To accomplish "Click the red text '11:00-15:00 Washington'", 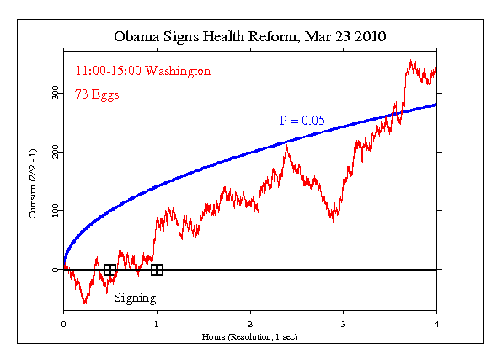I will [x=142, y=72].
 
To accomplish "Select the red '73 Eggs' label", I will [x=98, y=94].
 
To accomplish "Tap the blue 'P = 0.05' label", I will [x=303, y=120].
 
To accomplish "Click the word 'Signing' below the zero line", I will [x=135, y=298].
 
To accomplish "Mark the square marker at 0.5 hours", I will [x=109, y=270].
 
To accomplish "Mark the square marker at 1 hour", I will [x=157, y=270].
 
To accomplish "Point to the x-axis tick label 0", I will [x=63, y=323].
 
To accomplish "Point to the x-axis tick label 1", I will [x=157, y=323].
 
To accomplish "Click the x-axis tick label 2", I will [x=250, y=323].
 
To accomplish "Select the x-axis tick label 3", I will [x=344, y=323].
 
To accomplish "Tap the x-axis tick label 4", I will [x=436, y=323].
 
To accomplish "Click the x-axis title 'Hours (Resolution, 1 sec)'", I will [x=250, y=336].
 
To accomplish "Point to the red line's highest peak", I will [x=410, y=61].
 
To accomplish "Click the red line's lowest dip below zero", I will [x=85, y=302].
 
